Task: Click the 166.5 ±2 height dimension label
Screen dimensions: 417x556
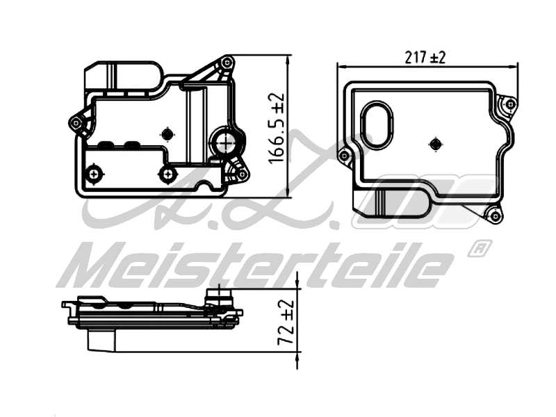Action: click(276, 129)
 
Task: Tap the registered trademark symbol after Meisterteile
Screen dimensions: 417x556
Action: click(480, 248)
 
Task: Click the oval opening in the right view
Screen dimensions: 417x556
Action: click(379, 125)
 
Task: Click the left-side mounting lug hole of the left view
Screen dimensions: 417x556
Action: click(76, 123)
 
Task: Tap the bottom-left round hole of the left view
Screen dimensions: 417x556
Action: click(93, 172)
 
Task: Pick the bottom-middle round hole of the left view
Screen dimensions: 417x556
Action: click(165, 173)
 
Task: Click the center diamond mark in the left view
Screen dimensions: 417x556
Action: click(167, 133)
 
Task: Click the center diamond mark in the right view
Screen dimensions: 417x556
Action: click(436, 144)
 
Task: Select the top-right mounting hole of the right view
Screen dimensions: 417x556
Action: click(510, 105)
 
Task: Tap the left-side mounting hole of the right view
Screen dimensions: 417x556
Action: click(343, 156)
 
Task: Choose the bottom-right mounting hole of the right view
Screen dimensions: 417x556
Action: click(495, 217)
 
